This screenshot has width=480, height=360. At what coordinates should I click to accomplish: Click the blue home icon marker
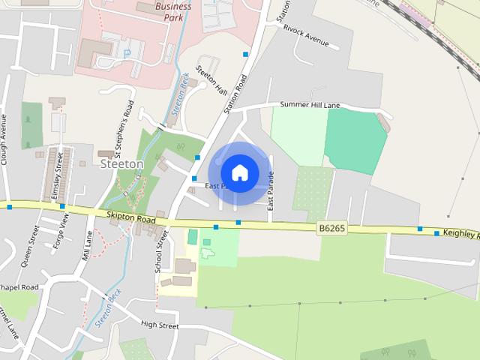tap(239, 172)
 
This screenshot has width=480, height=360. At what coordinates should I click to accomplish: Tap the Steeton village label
tap(122, 163)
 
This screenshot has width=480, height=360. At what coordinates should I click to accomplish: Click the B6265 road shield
tap(331, 226)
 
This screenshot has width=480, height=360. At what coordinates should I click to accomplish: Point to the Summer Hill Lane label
tap(310, 105)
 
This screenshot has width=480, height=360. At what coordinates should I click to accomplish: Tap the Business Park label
tap(172, 12)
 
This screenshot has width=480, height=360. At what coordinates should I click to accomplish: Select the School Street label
tap(159, 254)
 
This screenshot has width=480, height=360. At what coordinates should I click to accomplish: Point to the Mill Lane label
tap(88, 246)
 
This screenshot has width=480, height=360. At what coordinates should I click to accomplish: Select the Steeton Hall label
tap(211, 80)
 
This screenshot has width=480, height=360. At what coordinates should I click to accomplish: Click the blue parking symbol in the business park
tap(126, 52)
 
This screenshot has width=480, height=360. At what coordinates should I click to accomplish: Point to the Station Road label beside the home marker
tap(235, 93)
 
